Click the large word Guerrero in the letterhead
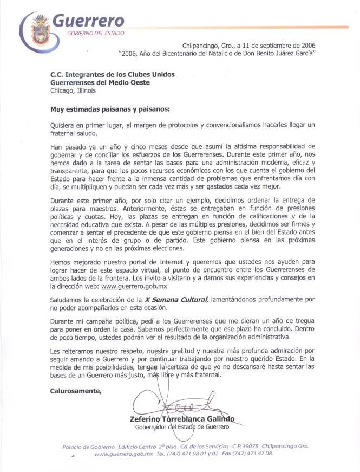(x=87, y=21)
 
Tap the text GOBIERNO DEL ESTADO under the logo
(x=95, y=33)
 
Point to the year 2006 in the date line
(x=303, y=47)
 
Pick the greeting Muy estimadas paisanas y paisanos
(x=110, y=108)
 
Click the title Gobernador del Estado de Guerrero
(x=182, y=427)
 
